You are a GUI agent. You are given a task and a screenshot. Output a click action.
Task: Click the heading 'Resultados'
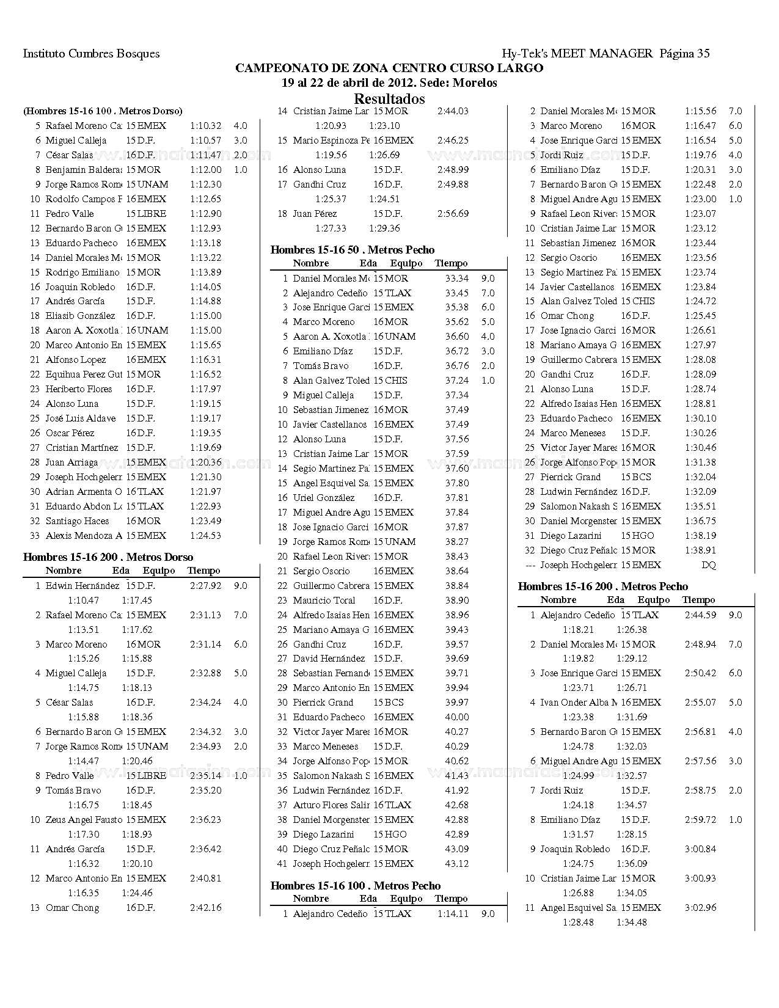389,98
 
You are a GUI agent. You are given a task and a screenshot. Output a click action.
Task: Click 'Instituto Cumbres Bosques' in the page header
91,54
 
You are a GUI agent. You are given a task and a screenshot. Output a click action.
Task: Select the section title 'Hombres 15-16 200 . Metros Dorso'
108,557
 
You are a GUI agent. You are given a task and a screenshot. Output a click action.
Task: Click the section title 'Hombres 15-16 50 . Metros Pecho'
353,250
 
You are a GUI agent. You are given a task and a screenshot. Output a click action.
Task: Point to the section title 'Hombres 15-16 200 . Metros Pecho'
603,586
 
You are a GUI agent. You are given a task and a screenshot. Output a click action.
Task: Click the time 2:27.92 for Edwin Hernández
205,586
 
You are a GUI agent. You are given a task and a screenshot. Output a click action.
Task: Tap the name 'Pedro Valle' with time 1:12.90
70,214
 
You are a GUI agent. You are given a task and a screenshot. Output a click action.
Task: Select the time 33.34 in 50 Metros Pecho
457,279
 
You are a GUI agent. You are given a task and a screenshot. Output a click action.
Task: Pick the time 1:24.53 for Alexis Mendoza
205,536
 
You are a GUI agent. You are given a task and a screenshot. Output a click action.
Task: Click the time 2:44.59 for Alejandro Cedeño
700,615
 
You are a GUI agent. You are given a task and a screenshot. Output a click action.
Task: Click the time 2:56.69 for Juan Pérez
453,214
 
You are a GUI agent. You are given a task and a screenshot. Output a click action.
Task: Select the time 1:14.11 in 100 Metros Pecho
453,914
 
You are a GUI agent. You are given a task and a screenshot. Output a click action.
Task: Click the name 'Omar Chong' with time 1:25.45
567,316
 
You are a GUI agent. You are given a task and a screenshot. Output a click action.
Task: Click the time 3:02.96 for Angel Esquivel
700,908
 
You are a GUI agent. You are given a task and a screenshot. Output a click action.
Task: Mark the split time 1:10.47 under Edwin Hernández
83,601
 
